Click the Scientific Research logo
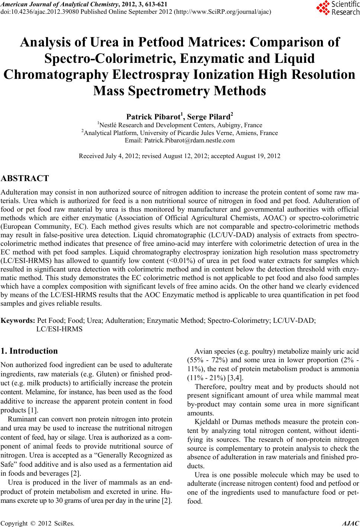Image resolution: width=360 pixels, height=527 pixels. pyautogui.click(x=337, y=8)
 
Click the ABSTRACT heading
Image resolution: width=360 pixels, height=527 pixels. pyautogui.click(x=25, y=178)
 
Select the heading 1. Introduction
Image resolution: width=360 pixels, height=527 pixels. pyautogui.click(x=29, y=351)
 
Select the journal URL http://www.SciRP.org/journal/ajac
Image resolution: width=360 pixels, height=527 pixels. pyautogui.click(x=222, y=12)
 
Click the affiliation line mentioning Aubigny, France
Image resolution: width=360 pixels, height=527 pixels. pyautogui.click(x=180, y=125)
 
